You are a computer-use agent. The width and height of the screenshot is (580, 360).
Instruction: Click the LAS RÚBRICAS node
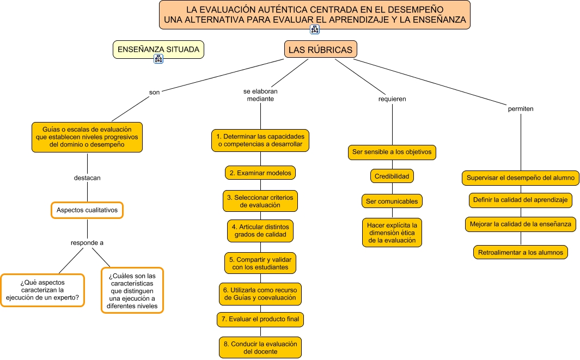(x=320, y=50)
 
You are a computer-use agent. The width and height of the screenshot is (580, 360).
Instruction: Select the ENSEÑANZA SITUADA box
(x=158, y=50)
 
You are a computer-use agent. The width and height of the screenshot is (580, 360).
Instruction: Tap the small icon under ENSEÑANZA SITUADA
(x=158, y=59)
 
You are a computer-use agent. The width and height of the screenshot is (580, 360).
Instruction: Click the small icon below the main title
(x=315, y=29)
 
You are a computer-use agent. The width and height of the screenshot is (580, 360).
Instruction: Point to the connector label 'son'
(x=155, y=92)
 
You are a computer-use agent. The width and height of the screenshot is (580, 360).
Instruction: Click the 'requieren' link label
(x=392, y=99)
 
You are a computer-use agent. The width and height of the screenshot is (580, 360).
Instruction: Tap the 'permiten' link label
(x=521, y=108)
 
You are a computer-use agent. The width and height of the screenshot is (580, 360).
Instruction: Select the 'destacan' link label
(x=87, y=178)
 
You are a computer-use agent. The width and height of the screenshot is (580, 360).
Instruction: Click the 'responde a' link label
(x=87, y=242)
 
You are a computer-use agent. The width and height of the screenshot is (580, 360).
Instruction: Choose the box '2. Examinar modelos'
(x=260, y=173)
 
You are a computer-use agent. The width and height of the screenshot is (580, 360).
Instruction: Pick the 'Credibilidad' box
(x=392, y=176)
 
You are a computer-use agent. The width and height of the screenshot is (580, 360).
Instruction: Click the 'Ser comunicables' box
(x=392, y=201)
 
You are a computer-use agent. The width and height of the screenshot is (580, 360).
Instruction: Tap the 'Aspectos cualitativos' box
(x=87, y=210)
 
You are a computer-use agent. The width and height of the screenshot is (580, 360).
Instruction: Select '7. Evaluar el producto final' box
(x=260, y=319)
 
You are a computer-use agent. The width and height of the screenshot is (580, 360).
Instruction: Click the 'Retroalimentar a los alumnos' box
(x=521, y=252)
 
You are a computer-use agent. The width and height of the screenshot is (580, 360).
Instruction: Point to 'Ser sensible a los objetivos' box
(x=392, y=152)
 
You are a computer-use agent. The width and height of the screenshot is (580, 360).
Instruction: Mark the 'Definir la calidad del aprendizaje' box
(x=521, y=200)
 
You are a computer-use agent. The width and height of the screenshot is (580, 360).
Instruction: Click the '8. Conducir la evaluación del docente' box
(x=260, y=347)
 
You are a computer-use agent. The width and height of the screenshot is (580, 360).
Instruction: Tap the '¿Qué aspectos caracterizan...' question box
(x=42, y=290)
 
